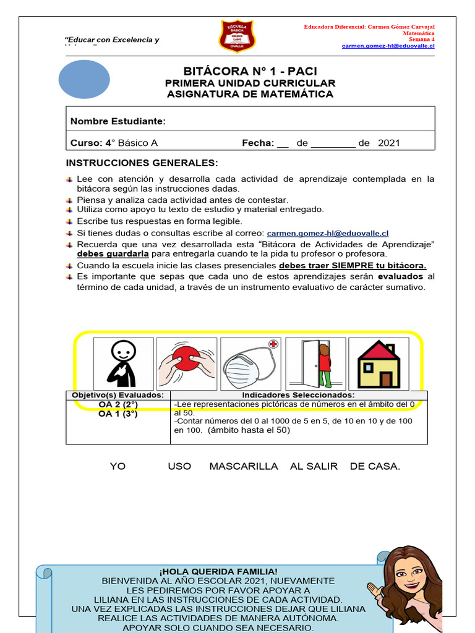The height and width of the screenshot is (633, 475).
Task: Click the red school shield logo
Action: pos(237,36)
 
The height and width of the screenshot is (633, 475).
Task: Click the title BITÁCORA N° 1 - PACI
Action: pos(250,71)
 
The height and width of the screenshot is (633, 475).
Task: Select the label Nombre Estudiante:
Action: pos(118,121)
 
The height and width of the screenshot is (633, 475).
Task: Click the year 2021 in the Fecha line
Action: pos(388,143)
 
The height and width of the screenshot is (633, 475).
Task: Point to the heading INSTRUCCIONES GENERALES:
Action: pos(142,163)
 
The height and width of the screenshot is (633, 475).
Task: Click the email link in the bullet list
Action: pos(327,233)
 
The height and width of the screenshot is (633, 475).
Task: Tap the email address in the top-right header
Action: pos(388,46)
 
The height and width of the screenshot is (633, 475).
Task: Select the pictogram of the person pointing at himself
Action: pos(124,363)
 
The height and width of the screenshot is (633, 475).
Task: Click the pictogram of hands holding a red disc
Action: pos(187,363)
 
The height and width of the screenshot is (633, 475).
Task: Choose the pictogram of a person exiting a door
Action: pos(314,363)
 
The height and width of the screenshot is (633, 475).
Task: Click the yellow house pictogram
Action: pos(378,363)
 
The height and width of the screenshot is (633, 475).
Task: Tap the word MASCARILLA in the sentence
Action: pos(244,466)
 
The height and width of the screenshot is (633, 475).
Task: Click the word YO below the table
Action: pos(118,466)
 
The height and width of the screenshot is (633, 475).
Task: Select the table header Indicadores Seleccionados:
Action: pos(298,395)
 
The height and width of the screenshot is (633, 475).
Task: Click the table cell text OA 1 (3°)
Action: pos(118,414)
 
